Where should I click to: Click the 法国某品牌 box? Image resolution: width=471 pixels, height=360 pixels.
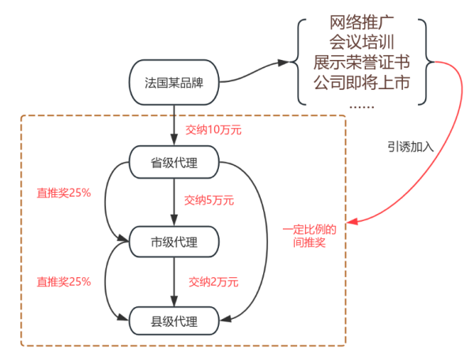coord(174,82)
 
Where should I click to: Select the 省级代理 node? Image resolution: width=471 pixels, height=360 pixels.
coord(174,163)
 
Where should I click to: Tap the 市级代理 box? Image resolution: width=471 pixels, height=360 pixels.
coord(174,242)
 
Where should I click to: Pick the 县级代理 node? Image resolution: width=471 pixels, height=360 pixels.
coord(174,321)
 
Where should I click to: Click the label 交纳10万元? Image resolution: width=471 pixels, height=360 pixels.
coord(213,130)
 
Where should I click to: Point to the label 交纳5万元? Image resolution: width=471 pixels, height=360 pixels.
coord(209,201)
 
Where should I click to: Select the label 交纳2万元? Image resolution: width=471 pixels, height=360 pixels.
coord(213,282)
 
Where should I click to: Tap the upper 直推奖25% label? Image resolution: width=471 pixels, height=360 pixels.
coord(64,193)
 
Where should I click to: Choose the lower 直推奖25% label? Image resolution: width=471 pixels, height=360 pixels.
coord(64,282)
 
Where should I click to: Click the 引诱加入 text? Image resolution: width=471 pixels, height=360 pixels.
coord(410,147)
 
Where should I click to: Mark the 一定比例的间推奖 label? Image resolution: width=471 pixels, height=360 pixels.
coord(310,236)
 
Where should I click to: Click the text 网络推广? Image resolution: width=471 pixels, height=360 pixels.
coord(362,22)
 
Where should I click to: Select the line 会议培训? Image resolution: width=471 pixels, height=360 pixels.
coord(362,42)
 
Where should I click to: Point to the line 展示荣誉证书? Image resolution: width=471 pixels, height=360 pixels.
coord(362,62)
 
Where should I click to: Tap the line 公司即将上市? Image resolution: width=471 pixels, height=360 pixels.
coord(362,82)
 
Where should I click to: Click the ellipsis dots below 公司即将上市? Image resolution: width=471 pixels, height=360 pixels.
coord(362,107)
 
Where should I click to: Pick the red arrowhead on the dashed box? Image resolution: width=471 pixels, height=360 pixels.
coord(352,222)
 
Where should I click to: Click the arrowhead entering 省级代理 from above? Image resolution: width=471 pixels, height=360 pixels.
coord(174,140)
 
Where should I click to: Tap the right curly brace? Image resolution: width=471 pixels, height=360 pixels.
coord(426,62)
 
